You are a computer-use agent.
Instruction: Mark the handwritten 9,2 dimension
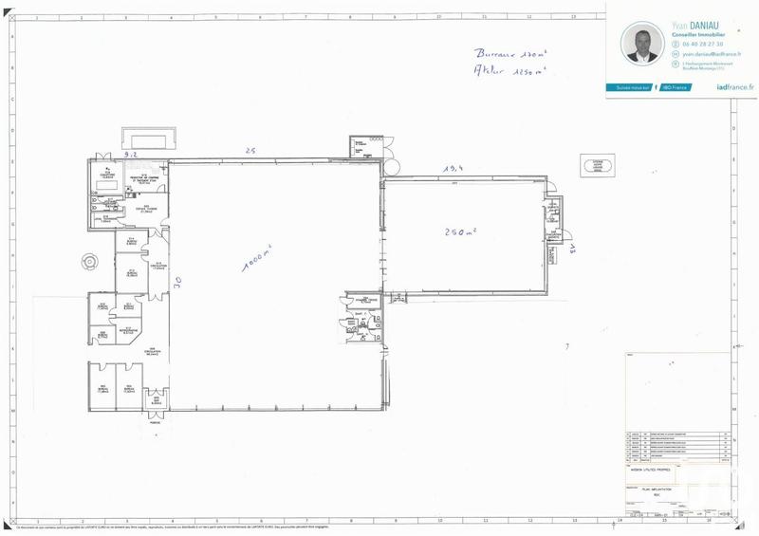tap(131, 153)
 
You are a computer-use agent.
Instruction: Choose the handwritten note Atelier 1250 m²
tap(499, 72)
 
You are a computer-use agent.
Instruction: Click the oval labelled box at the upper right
tap(602, 166)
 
